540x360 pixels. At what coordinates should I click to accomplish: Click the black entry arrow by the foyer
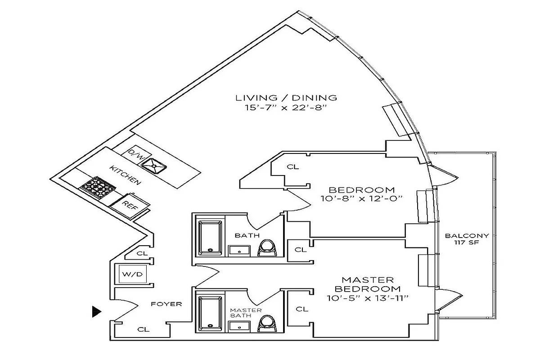[x=96, y=311]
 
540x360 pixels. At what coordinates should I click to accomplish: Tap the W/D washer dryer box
[x=133, y=274]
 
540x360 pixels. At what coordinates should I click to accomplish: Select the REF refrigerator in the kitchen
[x=130, y=206]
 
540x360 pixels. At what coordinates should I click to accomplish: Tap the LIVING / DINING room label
[x=287, y=98]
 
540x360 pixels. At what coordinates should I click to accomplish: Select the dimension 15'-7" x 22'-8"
[x=287, y=108]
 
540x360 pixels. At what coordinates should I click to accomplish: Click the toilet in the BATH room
[x=267, y=247]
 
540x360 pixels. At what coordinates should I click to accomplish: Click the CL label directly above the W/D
[x=142, y=253]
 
